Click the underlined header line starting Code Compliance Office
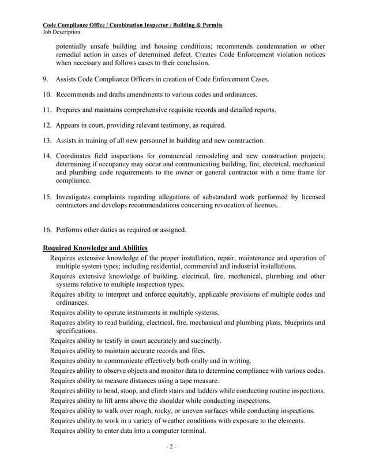(x=134, y=25)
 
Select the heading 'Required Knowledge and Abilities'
(x=96, y=248)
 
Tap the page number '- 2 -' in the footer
(x=184, y=447)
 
